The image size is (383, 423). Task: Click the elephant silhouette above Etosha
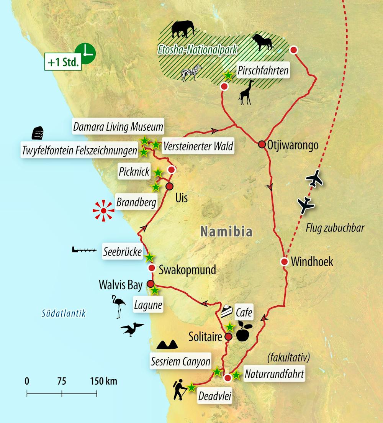[183, 29]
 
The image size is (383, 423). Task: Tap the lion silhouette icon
[262, 43]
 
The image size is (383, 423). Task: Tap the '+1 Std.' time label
[63, 62]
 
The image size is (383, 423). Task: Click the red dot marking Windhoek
[284, 262]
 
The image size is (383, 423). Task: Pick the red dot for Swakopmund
[151, 268]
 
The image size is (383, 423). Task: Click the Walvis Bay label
[121, 285]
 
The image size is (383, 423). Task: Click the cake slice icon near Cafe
[227, 310]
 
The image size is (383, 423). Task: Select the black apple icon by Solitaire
[244, 332]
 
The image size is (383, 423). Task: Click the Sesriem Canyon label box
[181, 361]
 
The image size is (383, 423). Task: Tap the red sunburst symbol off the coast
[103, 211]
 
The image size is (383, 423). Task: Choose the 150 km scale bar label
[104, 381]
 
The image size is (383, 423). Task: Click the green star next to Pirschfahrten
[228, 75]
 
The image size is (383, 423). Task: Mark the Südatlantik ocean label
[63, 313]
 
